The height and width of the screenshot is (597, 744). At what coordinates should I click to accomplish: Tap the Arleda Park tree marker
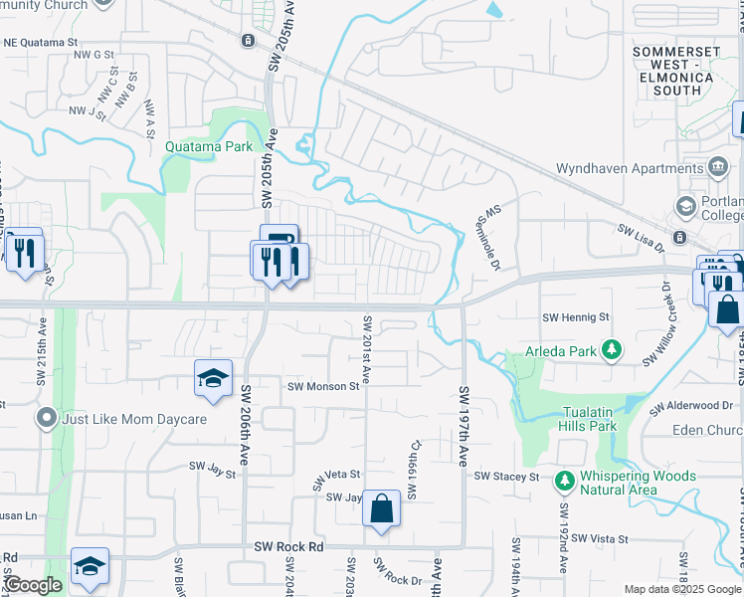coord(613,349)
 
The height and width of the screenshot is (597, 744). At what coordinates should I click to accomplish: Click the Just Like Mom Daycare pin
coord(46,418)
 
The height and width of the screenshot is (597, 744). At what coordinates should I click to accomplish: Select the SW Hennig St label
coord(574,316)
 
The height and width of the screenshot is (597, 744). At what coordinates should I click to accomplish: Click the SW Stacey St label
coord(505,477)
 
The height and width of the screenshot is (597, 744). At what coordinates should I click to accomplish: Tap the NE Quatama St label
coord(41,43)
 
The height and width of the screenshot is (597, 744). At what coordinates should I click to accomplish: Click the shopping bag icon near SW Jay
coord(381,509)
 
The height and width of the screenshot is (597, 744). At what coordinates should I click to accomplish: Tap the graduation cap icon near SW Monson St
coord(213,378)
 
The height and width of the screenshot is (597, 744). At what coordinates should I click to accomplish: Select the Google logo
coord(33,585)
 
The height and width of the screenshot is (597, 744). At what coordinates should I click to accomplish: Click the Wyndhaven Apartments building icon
coord(715,165)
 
